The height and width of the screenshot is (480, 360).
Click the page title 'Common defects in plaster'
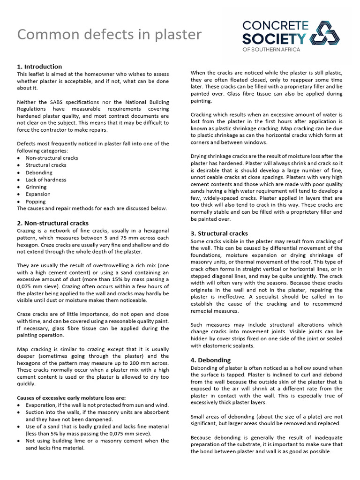tap(109, 35)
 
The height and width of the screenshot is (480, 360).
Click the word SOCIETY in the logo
tap(274, 38)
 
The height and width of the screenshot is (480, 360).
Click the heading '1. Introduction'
tap(39, 67)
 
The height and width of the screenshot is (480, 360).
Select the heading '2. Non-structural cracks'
tap(52, 223)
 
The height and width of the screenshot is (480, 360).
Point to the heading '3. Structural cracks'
tap(219, 233)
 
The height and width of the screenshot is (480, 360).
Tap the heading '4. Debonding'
tap(210, 360)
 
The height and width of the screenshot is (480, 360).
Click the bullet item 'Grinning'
tap(36, 187)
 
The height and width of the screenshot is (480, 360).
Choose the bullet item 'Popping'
tap(36, 202)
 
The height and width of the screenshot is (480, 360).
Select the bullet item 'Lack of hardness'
tap(45, 180)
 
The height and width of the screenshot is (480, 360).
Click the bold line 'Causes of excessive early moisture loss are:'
tap(71, 397)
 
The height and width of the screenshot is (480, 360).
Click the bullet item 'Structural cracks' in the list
tap(46, 165)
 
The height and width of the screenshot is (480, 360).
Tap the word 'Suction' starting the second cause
tap(35, 412)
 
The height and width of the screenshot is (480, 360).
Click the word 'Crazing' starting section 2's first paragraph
tap(26, 231)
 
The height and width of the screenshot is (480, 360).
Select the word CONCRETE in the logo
tap(275, 25)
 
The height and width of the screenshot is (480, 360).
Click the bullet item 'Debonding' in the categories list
tap(39, 172)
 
